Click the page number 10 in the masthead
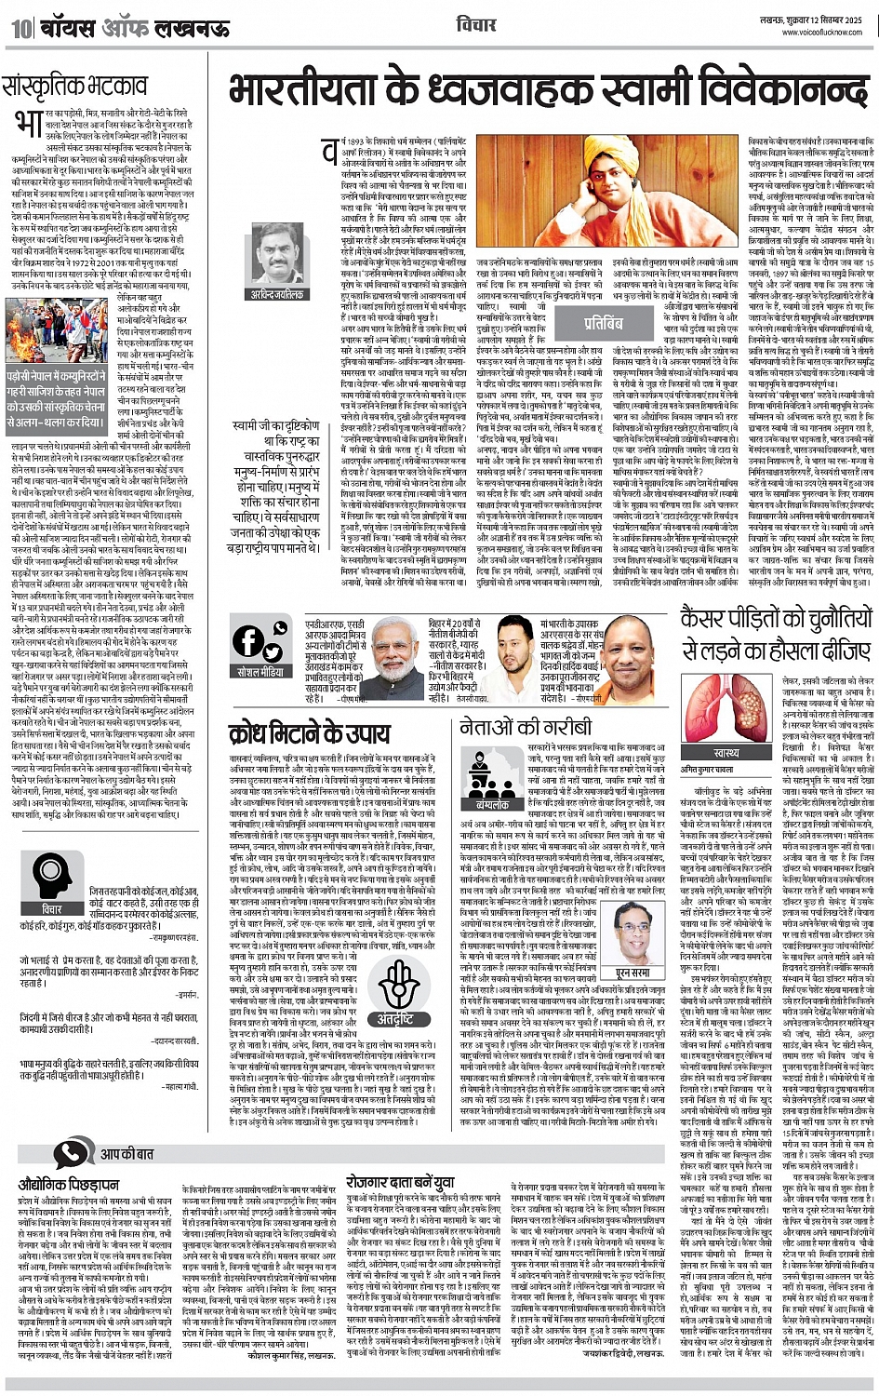(20, 28)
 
